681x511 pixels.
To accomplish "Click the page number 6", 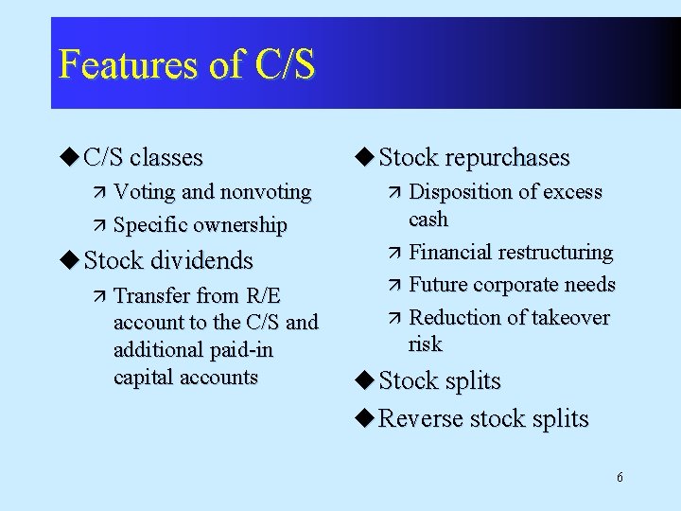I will [x=620, y=477].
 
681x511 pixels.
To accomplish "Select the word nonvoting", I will [x=265, y=192].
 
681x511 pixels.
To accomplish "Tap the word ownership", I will [x=240, y=225].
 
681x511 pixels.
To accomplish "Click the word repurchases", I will [x=512, y=158].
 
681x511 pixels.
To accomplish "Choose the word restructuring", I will [x=559, y=253].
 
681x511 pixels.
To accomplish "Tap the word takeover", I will [x=570, y=317].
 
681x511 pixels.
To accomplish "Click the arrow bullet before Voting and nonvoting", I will [x=99, y=193].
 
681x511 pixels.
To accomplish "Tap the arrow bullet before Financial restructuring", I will [x=394, y=254].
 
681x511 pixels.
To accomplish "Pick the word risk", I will [x=426, y=344].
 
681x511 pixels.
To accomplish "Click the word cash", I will [x=428, y=220].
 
